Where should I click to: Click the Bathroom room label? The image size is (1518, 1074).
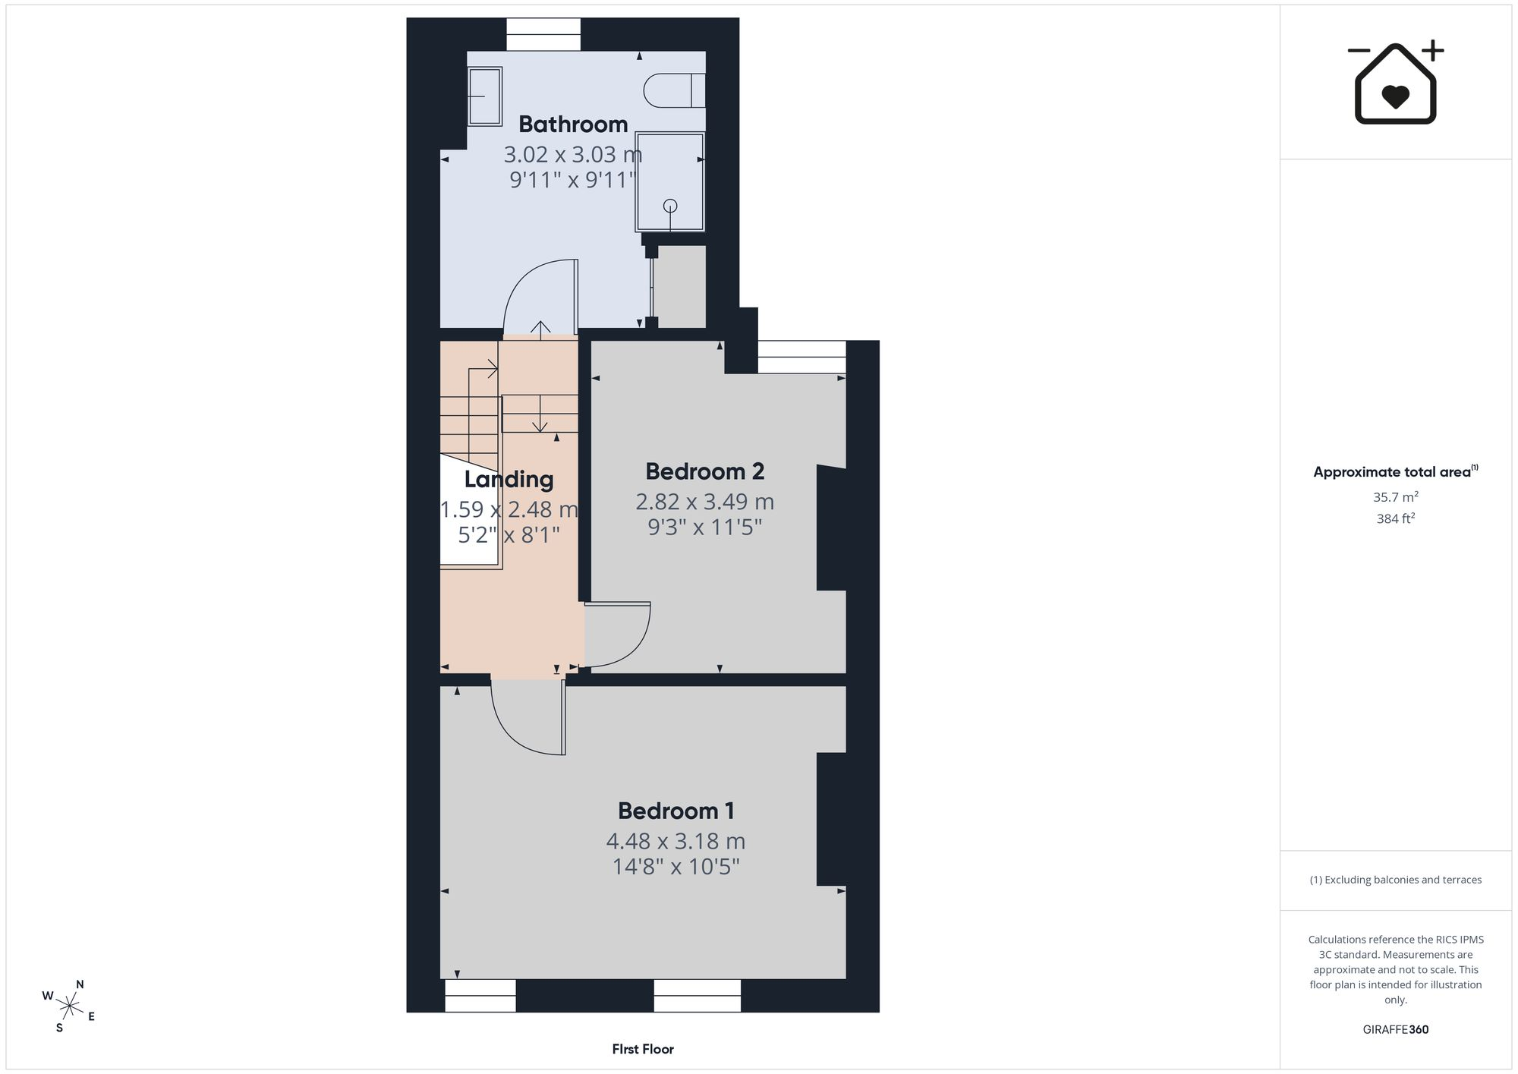click(573, 124)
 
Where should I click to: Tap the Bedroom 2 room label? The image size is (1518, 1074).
click(704, 471)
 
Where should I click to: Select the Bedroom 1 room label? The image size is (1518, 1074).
click(676, 811)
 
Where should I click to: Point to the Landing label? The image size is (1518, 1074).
click(509, 480)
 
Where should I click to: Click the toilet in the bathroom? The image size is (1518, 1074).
click(674, 91)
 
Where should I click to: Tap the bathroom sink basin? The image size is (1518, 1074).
click(484, 96)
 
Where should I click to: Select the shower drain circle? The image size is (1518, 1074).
click(670, 206)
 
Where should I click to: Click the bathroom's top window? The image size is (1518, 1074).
click(543, 35)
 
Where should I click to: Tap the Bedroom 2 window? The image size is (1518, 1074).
click(802, 357)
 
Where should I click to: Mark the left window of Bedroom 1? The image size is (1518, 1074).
click(480, 995)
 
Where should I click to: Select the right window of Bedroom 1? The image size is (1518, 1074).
click(697, 995)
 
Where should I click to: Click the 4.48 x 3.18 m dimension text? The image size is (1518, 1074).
click(676, 842)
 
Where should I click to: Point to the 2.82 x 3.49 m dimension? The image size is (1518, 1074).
click(704, 502)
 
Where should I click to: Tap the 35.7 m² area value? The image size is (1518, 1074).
click(1396, 497)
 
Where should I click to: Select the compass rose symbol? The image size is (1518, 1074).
click(69, 1007)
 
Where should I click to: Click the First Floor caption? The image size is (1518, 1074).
click(643, 1049)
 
